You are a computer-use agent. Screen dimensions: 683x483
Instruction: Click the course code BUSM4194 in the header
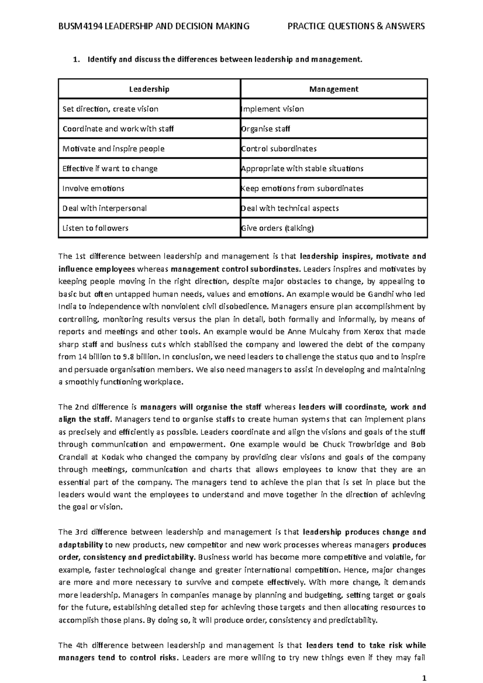(80, 27)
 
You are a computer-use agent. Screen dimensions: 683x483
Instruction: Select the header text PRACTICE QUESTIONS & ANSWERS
(356, 27)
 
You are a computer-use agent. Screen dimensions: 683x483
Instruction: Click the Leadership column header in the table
(149, 89)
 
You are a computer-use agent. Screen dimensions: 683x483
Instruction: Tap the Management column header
(334, 89)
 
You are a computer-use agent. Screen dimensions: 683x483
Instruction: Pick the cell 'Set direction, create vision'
(110, 109)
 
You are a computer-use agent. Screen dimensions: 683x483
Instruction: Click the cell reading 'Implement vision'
(272, 109)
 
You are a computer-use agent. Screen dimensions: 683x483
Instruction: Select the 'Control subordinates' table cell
(279, 149)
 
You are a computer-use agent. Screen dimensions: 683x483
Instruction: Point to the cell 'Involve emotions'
(93, 188)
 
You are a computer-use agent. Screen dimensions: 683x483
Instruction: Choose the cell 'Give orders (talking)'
(277, 228)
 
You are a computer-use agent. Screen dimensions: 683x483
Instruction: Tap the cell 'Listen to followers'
(95, 228)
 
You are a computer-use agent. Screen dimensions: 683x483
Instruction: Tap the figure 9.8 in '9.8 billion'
(128, 357)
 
